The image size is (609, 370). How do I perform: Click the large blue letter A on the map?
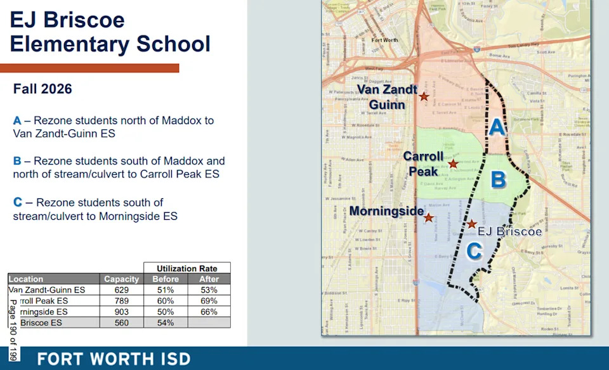coord(498,129)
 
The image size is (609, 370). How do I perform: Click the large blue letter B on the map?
coord(499,179)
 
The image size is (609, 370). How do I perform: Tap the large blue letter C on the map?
coord(474,252)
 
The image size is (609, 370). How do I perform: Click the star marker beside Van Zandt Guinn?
coord(424,96)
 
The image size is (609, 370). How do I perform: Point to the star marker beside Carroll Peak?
coord(453,164)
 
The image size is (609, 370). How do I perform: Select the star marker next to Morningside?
coord(429,218)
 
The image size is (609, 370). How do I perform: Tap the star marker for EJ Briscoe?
coord(472,224)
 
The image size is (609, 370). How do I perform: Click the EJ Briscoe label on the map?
coord(509,232)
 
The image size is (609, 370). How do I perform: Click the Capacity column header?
coord(121,279)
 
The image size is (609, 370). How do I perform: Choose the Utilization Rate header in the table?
coord(187,268)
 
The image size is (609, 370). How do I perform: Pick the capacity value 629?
coord(121,290)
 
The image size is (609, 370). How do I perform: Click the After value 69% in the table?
coord(209,301)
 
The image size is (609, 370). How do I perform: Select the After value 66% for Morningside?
coord(209,312)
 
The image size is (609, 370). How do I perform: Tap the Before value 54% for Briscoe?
coord(166,322)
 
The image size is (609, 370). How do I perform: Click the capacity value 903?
coord(121,312)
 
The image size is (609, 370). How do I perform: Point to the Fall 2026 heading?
coord(43,89)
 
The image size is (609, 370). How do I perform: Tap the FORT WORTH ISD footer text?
coord(114,359)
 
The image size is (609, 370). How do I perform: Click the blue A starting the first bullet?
coord(17,120)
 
